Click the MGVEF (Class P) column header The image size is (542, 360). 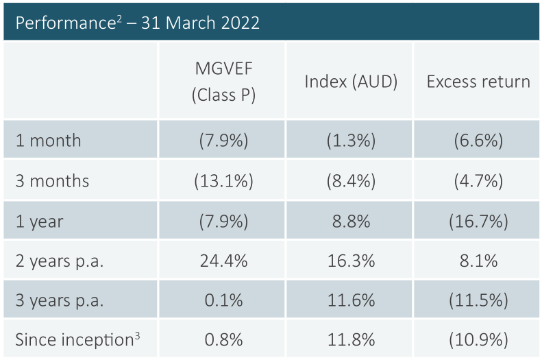223,81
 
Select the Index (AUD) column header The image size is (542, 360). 351,81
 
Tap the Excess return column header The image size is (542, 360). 478,81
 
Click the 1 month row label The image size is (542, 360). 49,141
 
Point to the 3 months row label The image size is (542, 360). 53,181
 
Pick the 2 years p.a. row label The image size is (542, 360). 60,261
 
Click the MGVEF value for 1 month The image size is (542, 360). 223,141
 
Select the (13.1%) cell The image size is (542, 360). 223,181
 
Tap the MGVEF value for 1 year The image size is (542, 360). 223,221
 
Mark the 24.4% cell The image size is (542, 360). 223,261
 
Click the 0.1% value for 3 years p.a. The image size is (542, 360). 223,300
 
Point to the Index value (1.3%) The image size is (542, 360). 351,141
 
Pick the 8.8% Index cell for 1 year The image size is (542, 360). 351,221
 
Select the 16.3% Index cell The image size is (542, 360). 351,261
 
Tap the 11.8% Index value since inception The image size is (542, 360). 351,340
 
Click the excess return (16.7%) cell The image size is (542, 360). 478,221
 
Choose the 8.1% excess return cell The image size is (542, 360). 478,261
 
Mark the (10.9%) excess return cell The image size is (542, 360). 478,340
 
